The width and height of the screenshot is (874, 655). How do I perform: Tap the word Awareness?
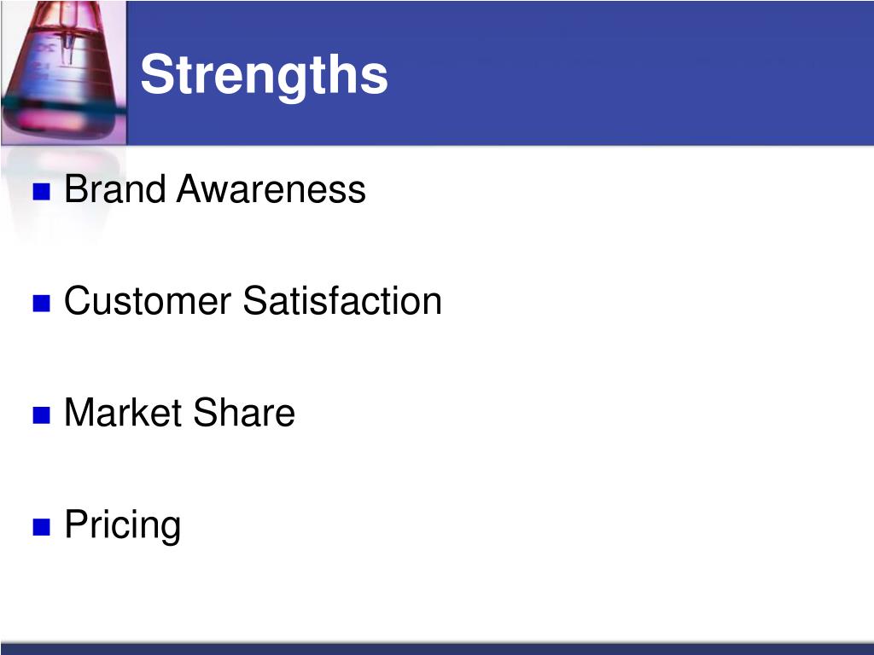pyautogui.click(x=271, y=188)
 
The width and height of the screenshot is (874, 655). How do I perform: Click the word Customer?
pyautogui.click(x=148, y=301)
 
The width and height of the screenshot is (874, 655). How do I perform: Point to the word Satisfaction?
pyautogui.click(x=342, y=301)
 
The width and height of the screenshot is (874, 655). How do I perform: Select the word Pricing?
pyautogui.click(x=123, y=525)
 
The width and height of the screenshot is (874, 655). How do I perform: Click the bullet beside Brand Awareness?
pyautogui.click(x=42, y=192)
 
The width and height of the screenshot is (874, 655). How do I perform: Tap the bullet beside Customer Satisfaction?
pyautogui.click(x=42, y=304)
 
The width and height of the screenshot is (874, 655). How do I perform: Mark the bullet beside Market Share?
pyautogui.click(x=42, y=415)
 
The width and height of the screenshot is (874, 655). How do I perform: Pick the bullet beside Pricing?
pyautogui.click(x=42, y=527)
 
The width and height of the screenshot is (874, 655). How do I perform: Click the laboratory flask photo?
pyautogui.click(x=63, y=73)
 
